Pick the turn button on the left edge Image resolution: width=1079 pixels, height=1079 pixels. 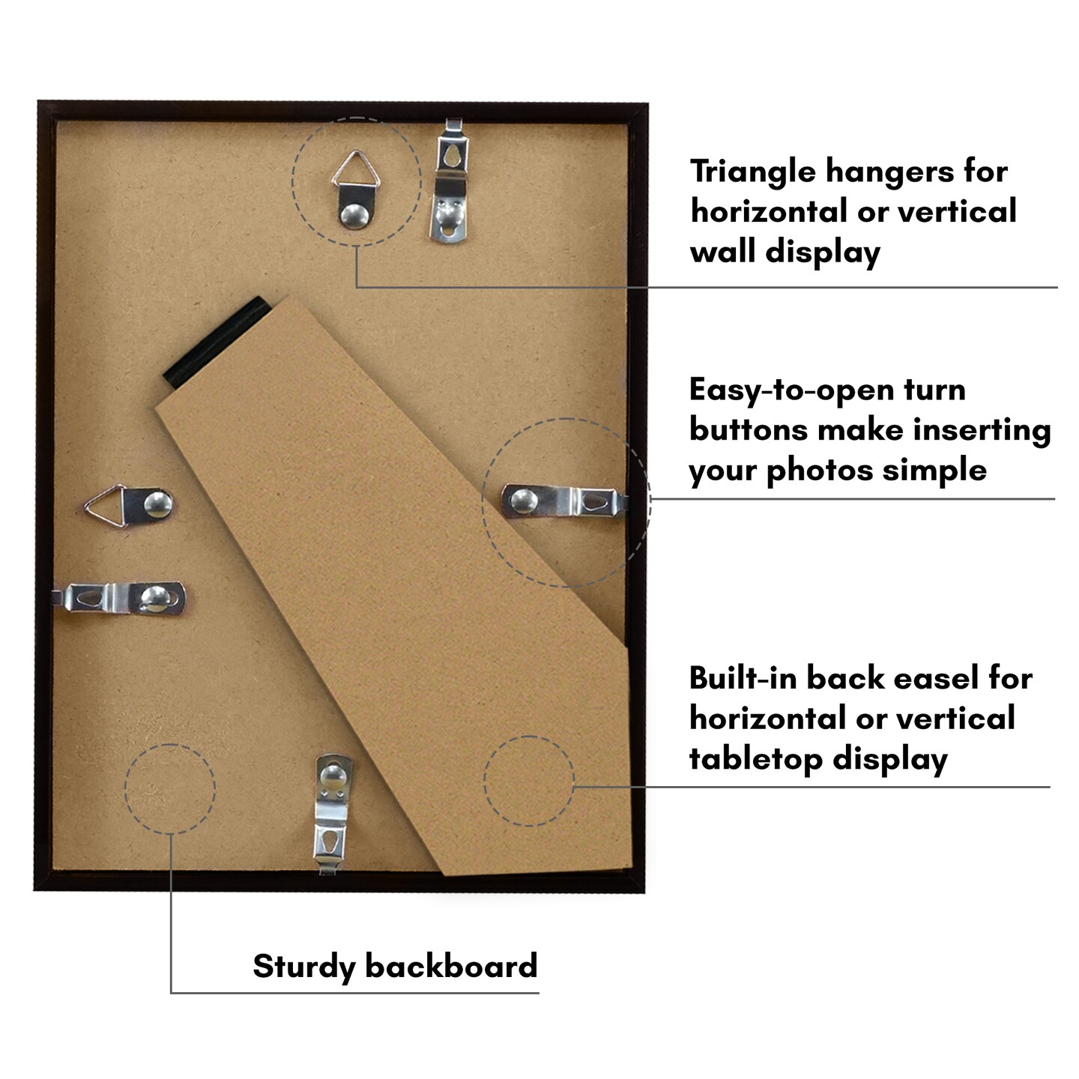pyautogui.click(x=121, y=599)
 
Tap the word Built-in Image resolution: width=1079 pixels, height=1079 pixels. pyautogui.click(x=743, y=679)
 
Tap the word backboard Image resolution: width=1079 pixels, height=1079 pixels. pyautogui.click(x=451, y=965)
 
